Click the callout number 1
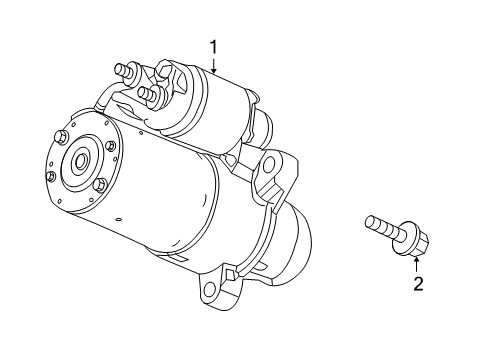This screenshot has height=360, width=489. click(x=213, y=46)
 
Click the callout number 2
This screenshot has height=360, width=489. click(x=418, y=284)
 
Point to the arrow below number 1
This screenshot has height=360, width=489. click(x=213, y=66)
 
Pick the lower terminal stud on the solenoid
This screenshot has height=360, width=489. click(x=150, y=96)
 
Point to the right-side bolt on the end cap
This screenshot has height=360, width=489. click(x=111, y=147)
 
